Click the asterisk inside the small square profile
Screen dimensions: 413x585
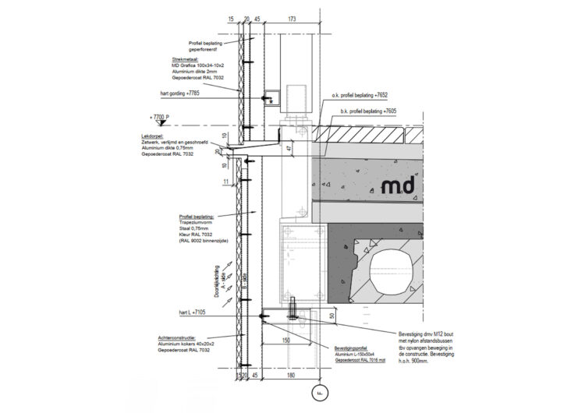point(271,101)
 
